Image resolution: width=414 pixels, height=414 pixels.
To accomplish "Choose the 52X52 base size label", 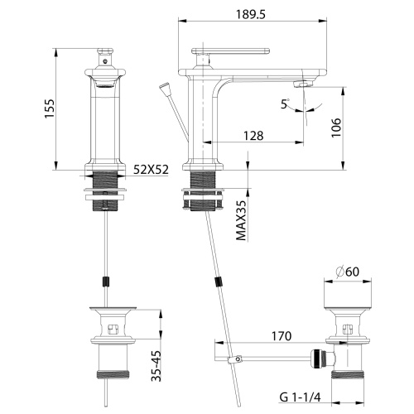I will pos(151,170).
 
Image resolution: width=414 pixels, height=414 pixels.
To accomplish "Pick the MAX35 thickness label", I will pos(241,219).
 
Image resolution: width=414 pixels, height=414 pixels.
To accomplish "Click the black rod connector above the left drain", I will pos(104,282).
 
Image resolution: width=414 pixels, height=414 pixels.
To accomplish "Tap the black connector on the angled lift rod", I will pos(219,282).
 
